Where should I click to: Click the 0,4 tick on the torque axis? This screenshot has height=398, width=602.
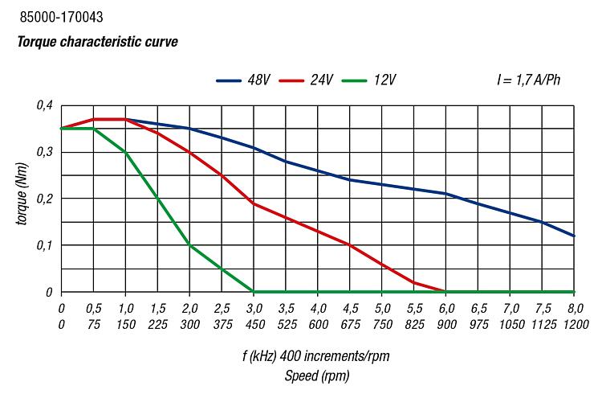[43, 105]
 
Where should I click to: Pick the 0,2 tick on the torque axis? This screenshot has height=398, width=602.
[43, 199]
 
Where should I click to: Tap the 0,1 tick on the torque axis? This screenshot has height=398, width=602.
[43, 245]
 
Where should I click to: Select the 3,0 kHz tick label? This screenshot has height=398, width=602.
[254, 308]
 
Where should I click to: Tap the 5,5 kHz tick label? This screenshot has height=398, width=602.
[414, 308]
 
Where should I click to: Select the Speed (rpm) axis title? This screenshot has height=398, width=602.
[317, 375]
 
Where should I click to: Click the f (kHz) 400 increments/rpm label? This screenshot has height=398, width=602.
[317, 355]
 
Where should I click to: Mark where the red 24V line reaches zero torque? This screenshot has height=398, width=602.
[446, 292]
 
